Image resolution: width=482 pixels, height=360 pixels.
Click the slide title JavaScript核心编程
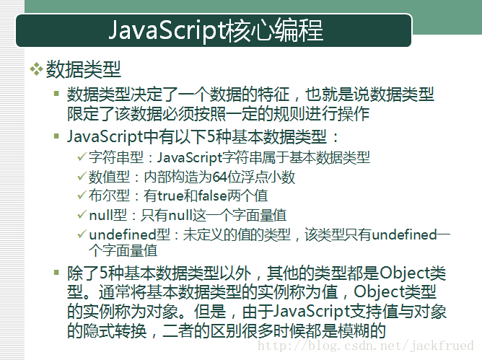(x=216, y=30)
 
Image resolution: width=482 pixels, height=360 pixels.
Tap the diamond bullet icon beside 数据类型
(x=36, y=69)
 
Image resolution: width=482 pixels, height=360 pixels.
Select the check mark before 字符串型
(x=82, y=157)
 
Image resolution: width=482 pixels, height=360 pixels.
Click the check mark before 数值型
(x=82, y=177)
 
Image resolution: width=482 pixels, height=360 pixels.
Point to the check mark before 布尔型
(x=82, y=196)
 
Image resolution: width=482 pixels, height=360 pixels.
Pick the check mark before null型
(x=82, y=214)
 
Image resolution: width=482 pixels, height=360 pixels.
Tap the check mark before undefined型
(x=82, y=234)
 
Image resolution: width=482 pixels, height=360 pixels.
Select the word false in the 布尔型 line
(x=212, y=196)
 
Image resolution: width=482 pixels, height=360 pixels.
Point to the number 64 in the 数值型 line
(x=219, y=177)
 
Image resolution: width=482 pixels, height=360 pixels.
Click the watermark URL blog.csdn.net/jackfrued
(x=366, y=346)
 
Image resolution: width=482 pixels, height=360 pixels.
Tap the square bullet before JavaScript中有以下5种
(x=56, y=136)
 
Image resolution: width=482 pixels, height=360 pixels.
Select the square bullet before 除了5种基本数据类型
(x=56, y=272)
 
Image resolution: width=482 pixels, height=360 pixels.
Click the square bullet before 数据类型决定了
(x=56, y=93)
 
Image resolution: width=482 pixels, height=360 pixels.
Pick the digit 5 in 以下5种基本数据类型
(x=211, y=136)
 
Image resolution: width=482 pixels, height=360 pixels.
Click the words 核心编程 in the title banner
(x=274, y=30)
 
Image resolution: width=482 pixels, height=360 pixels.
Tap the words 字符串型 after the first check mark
(x=116, y=157)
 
